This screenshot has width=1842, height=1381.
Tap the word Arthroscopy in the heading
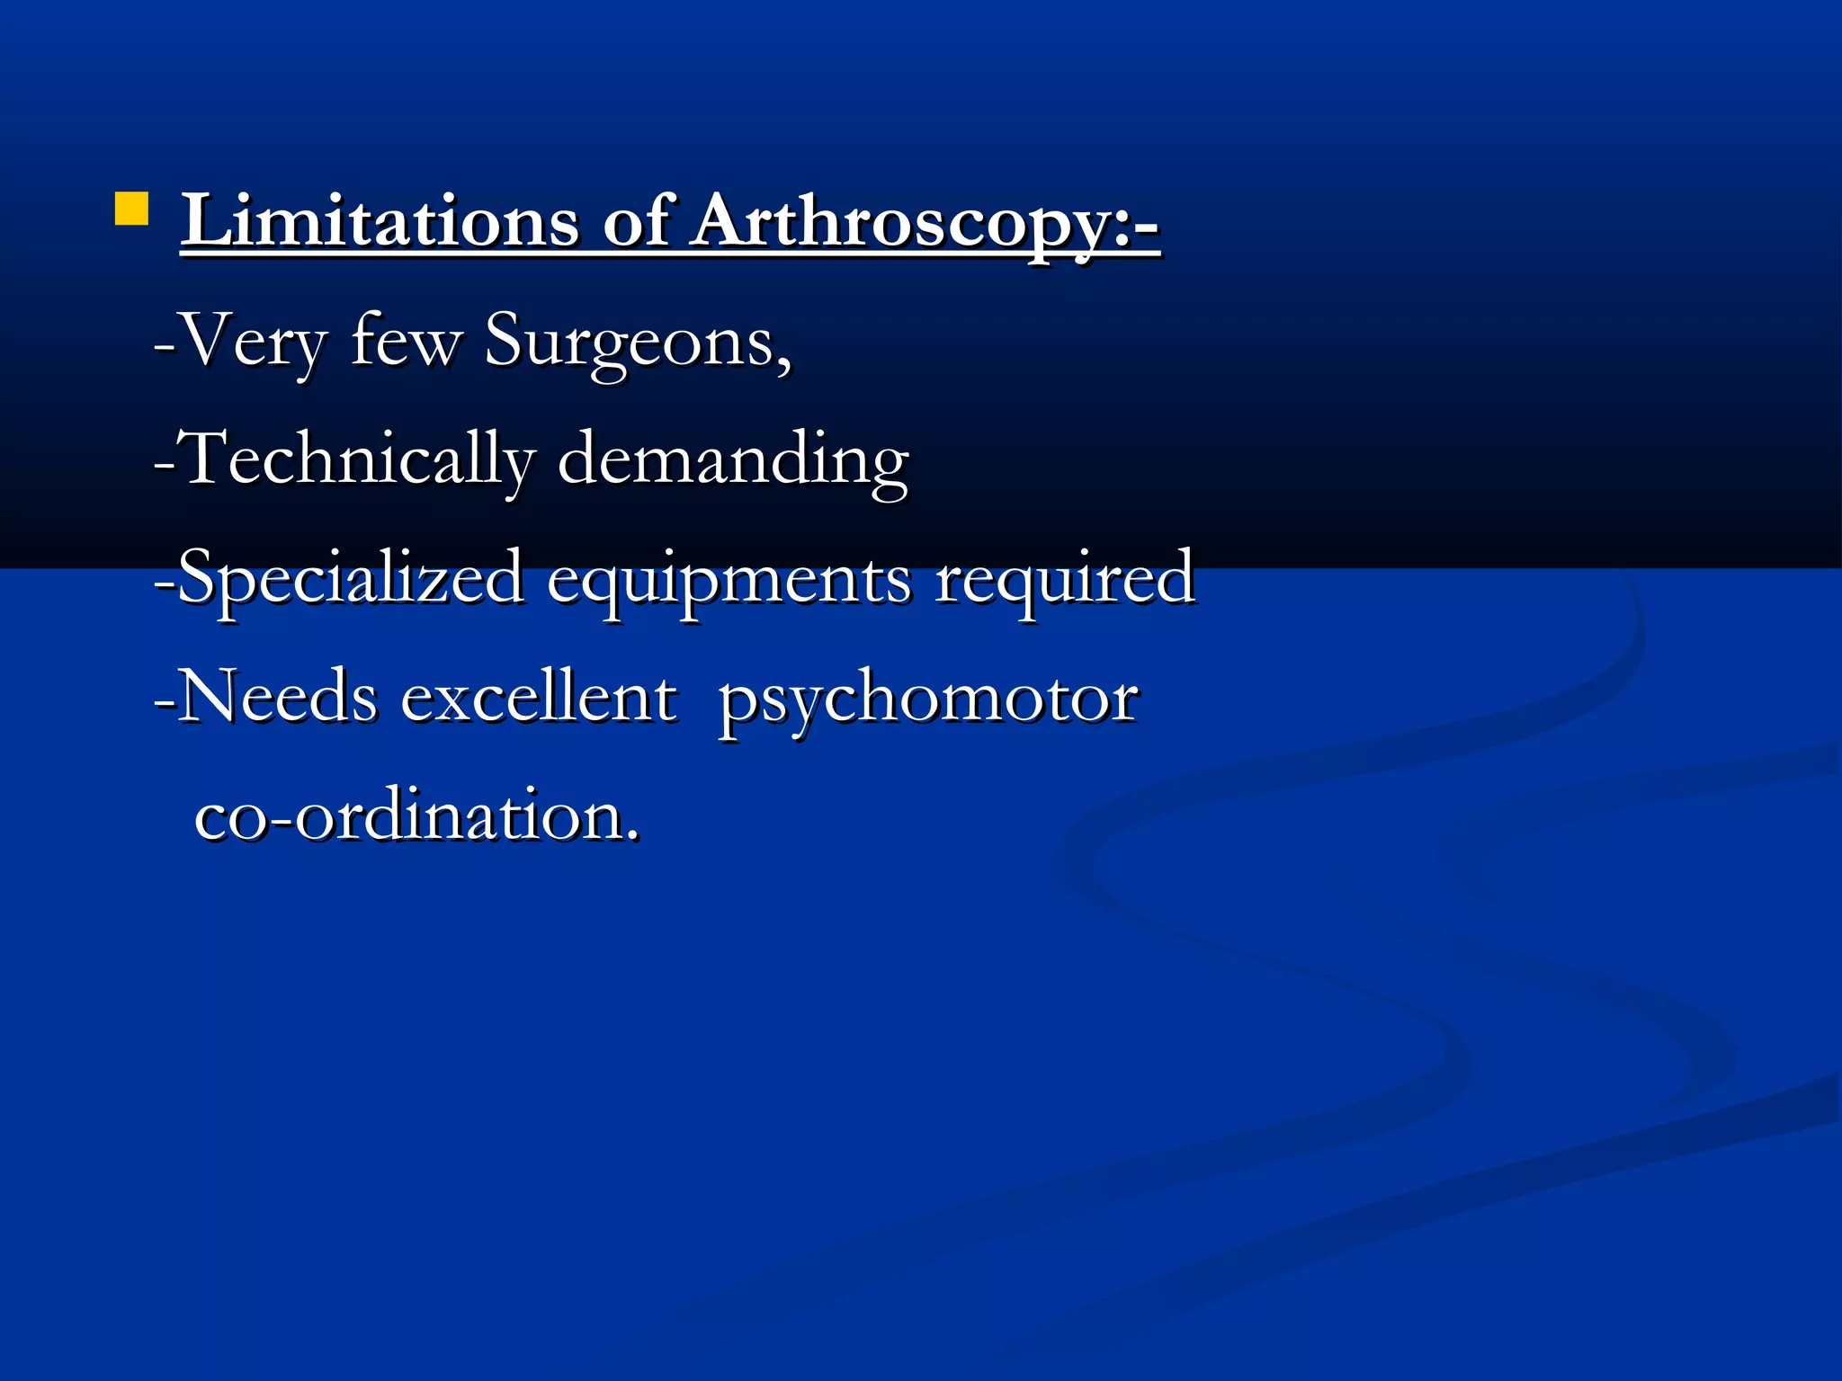(x=899, y=223)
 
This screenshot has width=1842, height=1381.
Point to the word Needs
(x=277, y=698)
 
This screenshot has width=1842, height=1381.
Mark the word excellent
(x=539, y=698)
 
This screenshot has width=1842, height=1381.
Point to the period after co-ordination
(x=634, y=836)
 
